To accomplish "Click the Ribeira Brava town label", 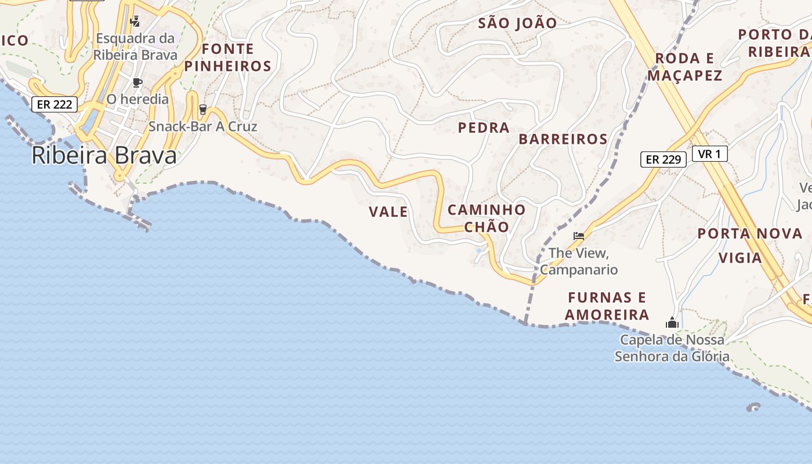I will pyautogui.click(x=104, y=155).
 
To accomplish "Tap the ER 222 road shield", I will pyautogui.click(x=54, y=104).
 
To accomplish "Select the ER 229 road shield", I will pyautogui.click(x=663, y=159).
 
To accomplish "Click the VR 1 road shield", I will pyautogui.click(x=709, y=154).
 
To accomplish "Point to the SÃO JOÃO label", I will pyautogui.click(x=517, y=23).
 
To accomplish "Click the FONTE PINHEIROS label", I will pyautogui.click(x=227, y=57).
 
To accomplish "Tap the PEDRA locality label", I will pyautogui.click(x=484, y=128).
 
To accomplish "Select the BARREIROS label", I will pyautogui.click(x=563, y=139).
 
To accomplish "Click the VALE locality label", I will pyautogui.click(x=388, y=212).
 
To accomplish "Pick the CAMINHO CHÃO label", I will pyautogui.click(x=487, y=218).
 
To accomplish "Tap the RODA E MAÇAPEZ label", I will pyautogui.click(x=684, y=67).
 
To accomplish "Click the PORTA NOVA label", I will pyautogui.click(x=749, y=234).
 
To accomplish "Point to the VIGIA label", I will pyautogui.click(x=740, y=258).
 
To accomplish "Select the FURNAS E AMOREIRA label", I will pyautogui.click(x=607, y=306).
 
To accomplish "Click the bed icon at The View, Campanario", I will pyautogui.click(x=578, y=235).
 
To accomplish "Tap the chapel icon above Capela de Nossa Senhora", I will pyautogui.click(x=672, y=322).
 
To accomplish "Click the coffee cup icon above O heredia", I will pyautogui.click(x=137, y=82).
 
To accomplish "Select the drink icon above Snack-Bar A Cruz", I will pyautogui.click(x=202, y=108).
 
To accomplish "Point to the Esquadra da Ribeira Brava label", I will pyautogui.click(x=135, y=46).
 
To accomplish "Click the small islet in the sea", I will pyautogui.click(x=754, y=408).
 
